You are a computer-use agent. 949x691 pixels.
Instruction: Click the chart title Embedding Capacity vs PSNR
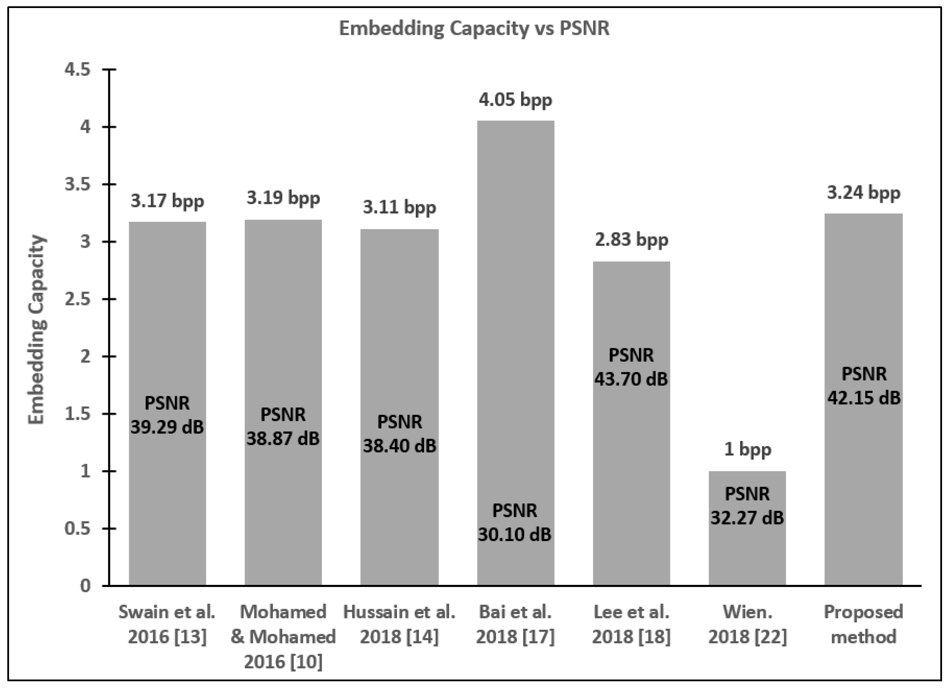(474, 29)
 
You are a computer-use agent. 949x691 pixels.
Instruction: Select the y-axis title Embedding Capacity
(37, 329)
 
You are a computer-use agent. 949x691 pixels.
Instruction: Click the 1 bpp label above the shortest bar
(747, 450)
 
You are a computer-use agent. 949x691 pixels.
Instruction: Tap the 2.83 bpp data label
(631, 240)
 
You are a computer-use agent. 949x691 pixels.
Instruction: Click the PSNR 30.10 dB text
(515, 523)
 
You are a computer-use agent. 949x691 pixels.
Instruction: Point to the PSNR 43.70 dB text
(631, 367)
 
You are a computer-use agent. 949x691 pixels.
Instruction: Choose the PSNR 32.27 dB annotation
(747, 506)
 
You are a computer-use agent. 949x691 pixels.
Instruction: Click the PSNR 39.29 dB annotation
(167, 415)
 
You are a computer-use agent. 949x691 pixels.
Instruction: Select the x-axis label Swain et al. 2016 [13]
(167, 625)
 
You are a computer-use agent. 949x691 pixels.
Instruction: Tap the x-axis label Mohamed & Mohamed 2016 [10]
(283, 637)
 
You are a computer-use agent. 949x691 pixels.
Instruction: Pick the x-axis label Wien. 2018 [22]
(747, 625)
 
